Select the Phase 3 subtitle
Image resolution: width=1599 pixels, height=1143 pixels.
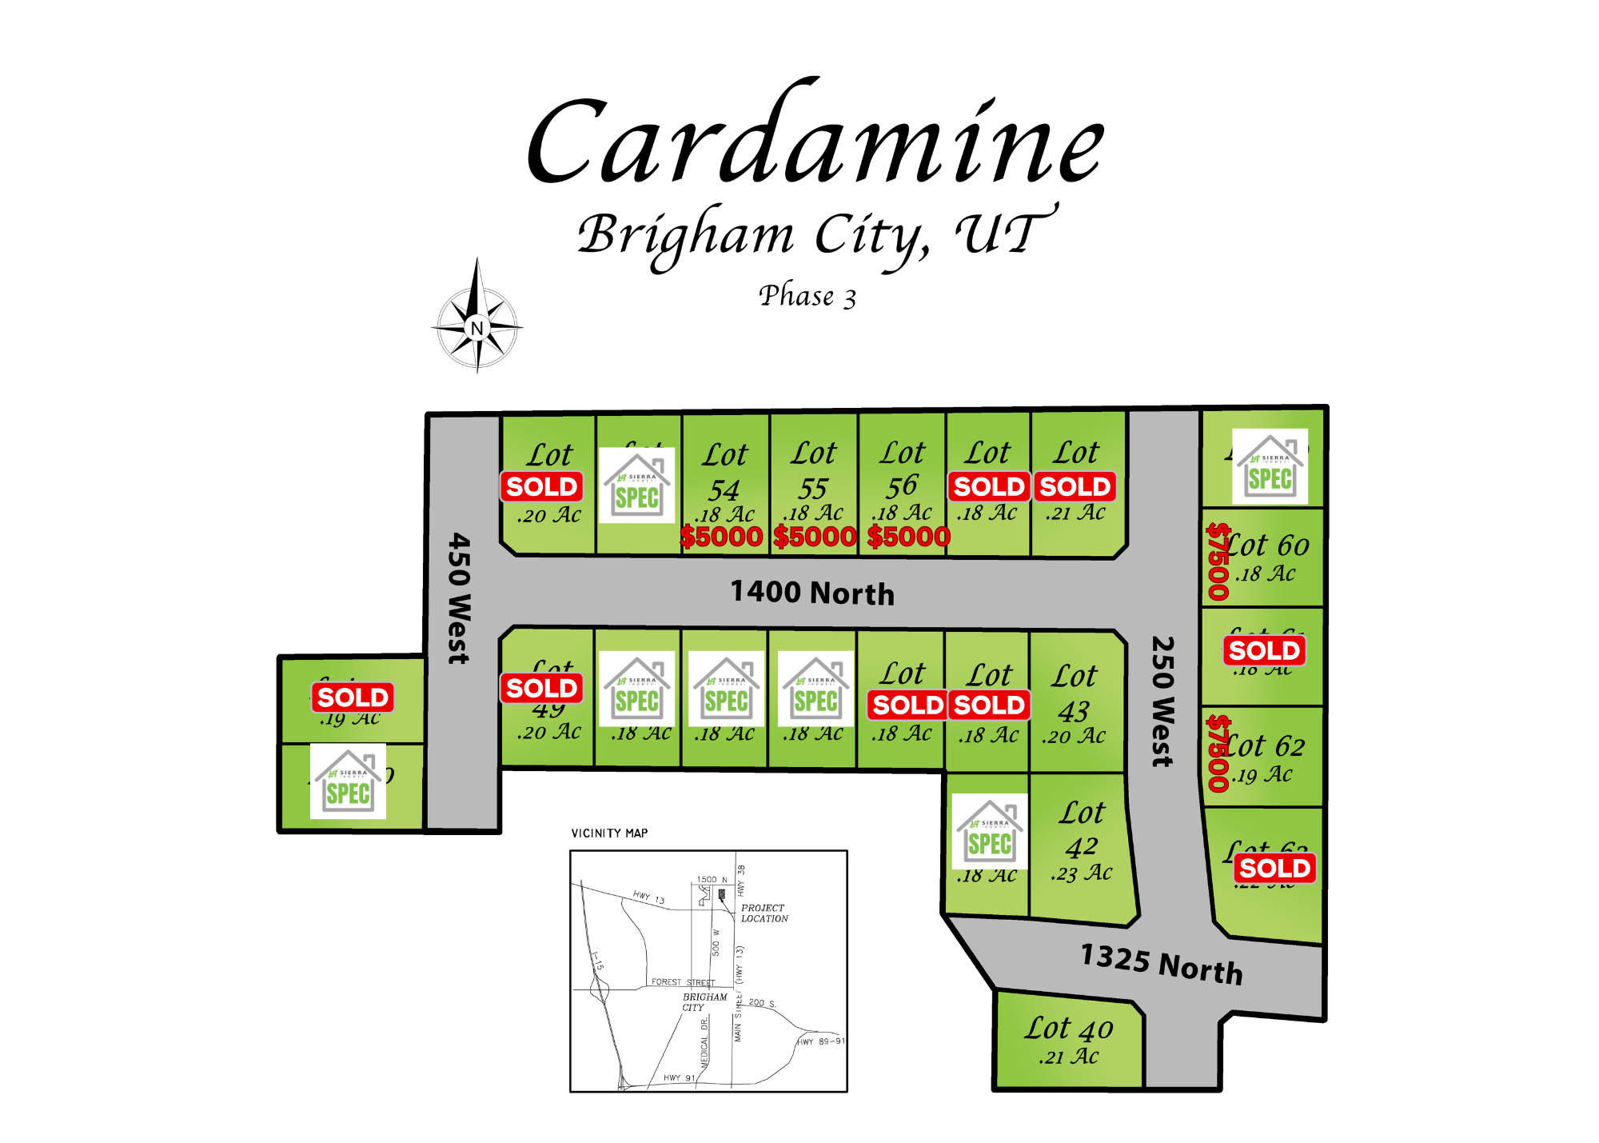(x=807, y=296)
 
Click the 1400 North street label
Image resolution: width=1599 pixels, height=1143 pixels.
(x=812, y=593)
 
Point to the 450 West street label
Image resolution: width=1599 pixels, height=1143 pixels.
(x=459, y=598)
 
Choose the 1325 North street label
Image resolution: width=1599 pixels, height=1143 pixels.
(x=1162, y=964)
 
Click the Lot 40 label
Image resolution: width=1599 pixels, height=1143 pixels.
(x=1069, y=1029)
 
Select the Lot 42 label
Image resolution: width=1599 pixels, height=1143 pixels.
(x=1082, y=829)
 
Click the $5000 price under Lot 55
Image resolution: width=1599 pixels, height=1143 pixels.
(x=815, y=537)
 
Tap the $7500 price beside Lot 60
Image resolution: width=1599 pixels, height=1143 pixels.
(x=1218, y=561)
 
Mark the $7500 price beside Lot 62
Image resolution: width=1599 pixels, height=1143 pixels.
(x=1218, y=753)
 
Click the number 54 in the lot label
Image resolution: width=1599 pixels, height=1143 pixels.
(x=724, y=490)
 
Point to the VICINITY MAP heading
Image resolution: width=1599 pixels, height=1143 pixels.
(x=609, y=833)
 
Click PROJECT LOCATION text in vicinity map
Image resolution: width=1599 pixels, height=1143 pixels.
(x=764, y=913)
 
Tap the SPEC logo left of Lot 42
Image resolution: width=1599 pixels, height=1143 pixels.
(x=990, y=832)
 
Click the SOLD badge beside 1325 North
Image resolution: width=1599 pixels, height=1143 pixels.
(x=1274, y=868)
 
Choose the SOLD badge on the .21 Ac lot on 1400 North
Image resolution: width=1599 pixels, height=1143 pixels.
(x=1075, y=486)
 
